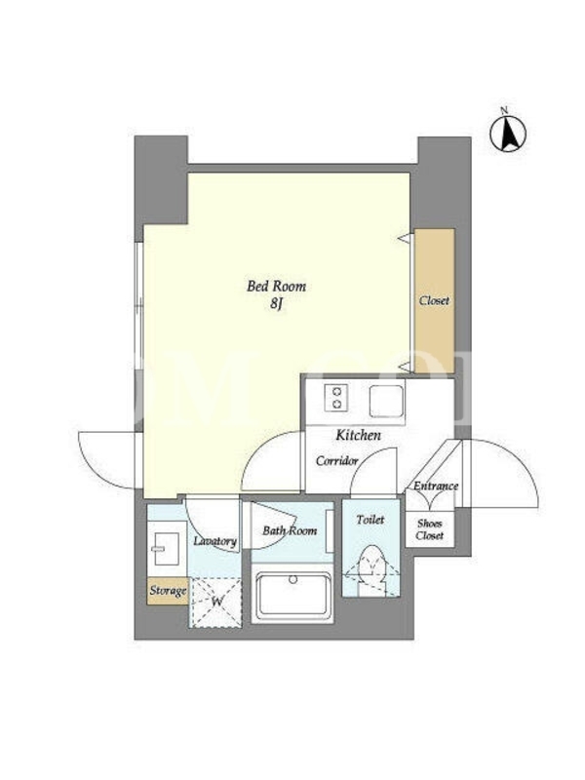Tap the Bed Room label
point(277,286)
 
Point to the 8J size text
point(277,303)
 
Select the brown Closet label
point(434,300)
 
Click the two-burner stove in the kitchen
point(335,398)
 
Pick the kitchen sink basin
point(386,402)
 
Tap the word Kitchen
point(359,435)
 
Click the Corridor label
point(337,461)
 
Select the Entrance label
point(436,486)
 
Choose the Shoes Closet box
point(430,529)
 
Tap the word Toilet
point(370,520)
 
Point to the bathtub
point(292,597)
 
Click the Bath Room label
point(290,530)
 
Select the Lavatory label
point(214,541)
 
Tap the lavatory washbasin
point(167,549)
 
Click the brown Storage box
point(168,591)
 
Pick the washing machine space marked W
point(216,603)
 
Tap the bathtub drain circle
point(293,579)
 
